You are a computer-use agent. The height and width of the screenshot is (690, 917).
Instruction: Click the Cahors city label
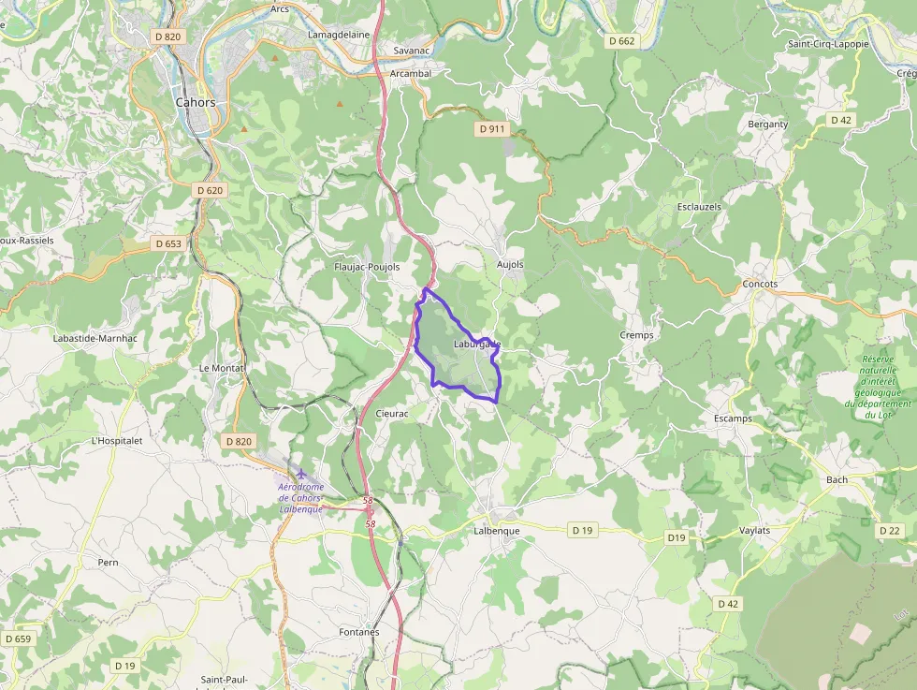pyautogui.click(x=196, y=102)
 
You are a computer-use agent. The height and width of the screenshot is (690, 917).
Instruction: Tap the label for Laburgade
pyautogui.click(x=477, y=345)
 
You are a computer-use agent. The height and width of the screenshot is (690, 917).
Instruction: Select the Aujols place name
pyautogui.click(x=510, y=265)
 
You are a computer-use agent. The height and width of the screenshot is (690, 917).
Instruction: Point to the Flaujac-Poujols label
pyautogui.click(x=367, y=267)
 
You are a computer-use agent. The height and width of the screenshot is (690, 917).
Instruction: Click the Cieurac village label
pyautogui.click(x=392, y=413)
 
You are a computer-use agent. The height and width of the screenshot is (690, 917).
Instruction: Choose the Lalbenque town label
pyautogui.click(x=497, y=531)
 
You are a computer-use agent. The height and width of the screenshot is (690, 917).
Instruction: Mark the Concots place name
pyautogui.click(x=760, y=284)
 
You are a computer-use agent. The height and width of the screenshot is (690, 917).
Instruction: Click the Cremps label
pyautogui.click(x=636, y=335)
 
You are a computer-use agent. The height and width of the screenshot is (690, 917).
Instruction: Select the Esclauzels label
pyautogui.click(x=698, y=206)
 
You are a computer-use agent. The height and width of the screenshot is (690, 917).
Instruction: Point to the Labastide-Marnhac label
pyautogui.click(x=95, y=338)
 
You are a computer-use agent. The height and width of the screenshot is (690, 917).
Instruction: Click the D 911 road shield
pyautogui.click(x=492, y=128)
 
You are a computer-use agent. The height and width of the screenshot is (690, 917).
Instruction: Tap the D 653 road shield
pyautogui.click(x=168, y=243)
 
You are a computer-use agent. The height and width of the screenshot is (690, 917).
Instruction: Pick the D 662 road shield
pyautogui.click(x=621, y=41)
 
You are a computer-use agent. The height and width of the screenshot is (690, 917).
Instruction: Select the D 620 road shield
pyautogui.click(x=211, y=190)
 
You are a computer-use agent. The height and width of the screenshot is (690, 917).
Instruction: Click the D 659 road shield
pyautogui.click(x=18, y=639)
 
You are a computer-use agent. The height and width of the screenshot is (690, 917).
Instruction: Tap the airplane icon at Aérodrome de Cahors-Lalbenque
pyautogui.click(x=301, y=474)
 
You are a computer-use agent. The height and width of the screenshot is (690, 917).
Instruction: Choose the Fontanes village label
pyautogui.click(x=359, y=632)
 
